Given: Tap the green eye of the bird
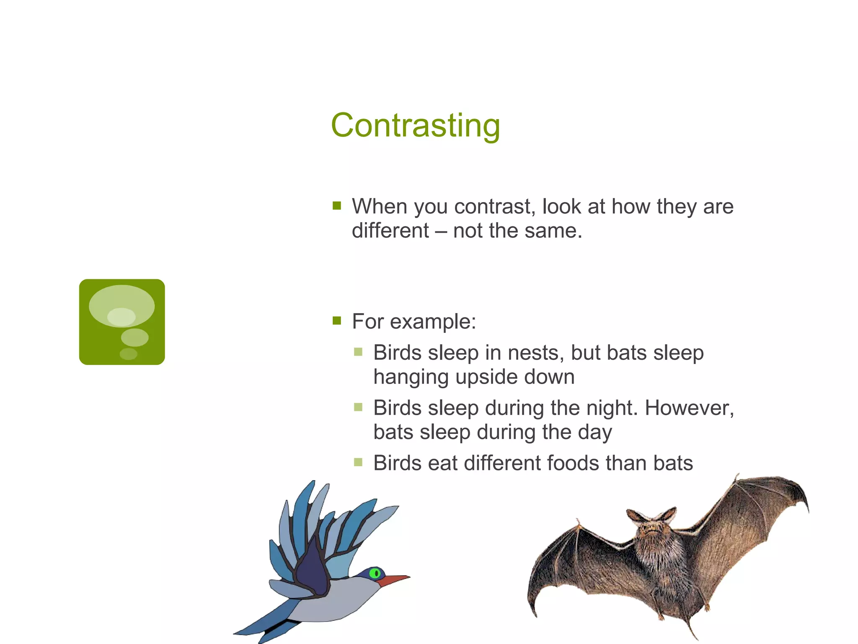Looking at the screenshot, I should [375, 573].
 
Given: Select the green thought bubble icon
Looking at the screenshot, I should [122, 322].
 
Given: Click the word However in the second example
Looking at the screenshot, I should [689, 408].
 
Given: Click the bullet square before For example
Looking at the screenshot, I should [337, 321].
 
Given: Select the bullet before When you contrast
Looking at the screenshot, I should [337, 205].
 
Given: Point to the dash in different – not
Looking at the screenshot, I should [441, 231].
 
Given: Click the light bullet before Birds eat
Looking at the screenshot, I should [358, 462].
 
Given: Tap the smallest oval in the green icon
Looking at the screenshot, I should [128, 354].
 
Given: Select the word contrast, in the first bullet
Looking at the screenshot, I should [494, 207].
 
